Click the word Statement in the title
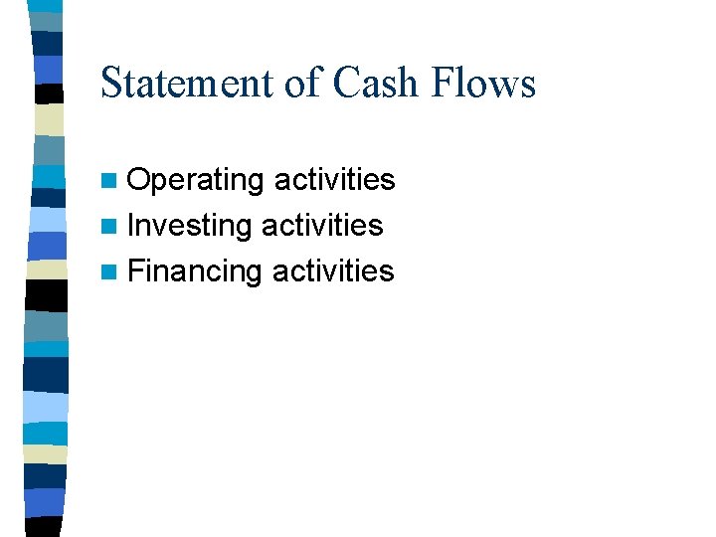188,83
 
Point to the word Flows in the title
484,83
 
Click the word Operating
196,181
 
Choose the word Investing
190,226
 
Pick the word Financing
195,270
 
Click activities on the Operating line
334,180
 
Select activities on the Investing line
322,225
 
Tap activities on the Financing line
333,269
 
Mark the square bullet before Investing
109,227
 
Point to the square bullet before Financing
109,271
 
